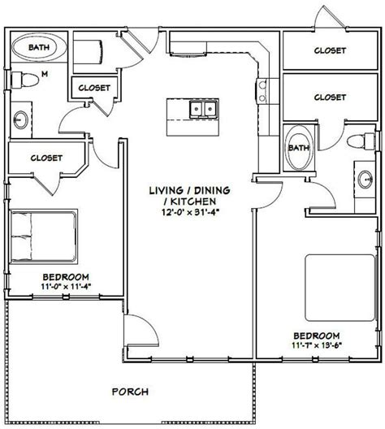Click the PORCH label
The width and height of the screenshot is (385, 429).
pyautogui.click(x=130, y=392)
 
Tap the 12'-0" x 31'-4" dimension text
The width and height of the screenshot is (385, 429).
pyautogui.click(x=190, y=212)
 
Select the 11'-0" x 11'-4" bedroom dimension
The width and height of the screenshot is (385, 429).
pyautogui.click(x=66, y=287)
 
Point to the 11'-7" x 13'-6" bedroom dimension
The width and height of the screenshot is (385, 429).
pyautogui.click(x=317, y=345)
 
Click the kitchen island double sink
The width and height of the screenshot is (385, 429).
pyautogui.click(x=203, y=109)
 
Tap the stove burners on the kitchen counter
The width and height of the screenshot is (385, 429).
pyautogui.click(x=262, y=91)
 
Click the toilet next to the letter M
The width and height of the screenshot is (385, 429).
pyautogui.click(x=24, y=80)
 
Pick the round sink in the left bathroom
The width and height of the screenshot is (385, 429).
pyautogui.click(x=21, y=119)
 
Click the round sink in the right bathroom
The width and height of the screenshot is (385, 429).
pyautogui.click(x=365, y=180)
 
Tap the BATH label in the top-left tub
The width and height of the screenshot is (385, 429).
pyautogui.click(x=39, y=47)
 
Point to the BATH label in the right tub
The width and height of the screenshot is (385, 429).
pyautogui.click(x=299, y=148)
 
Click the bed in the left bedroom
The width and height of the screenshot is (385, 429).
pyautogui.click(x=44, y=236)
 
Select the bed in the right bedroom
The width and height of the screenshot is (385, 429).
pyautogui.click(x=340, y=288)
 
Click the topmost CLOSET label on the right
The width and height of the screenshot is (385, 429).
pyautogui.click(x=330, y=50)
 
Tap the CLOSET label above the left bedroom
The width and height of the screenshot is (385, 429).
pyautogui.click(x=46, y=158)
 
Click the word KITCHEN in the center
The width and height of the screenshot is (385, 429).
pyautogui.click(x=193, y=201)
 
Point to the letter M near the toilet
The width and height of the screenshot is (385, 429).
pyautogui.click(x=45, y=74)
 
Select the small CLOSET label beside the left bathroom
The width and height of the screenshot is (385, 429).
pyautogui.click(x=94, y=88)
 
